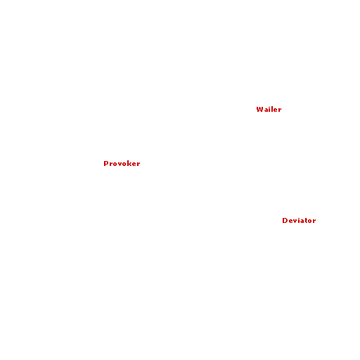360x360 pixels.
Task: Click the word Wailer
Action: tap(269, 110)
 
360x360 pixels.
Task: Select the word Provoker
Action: tap(122, 164)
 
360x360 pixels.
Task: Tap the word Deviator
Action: tap(299, 221)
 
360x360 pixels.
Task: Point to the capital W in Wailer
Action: tap(259, 110)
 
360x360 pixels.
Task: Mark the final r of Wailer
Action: tap(280, 110)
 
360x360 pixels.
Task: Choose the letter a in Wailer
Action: tap(265, 110)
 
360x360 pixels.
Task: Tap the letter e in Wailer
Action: tap(275, 110)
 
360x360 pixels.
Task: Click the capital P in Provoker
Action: tap(105, 164)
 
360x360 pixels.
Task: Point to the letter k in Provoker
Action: tap(130, 164)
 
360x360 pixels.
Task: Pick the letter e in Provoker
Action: tap(135, 165)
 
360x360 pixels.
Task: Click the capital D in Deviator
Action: tap(285, 221)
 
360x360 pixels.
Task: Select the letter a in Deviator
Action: tap(301, 221)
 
